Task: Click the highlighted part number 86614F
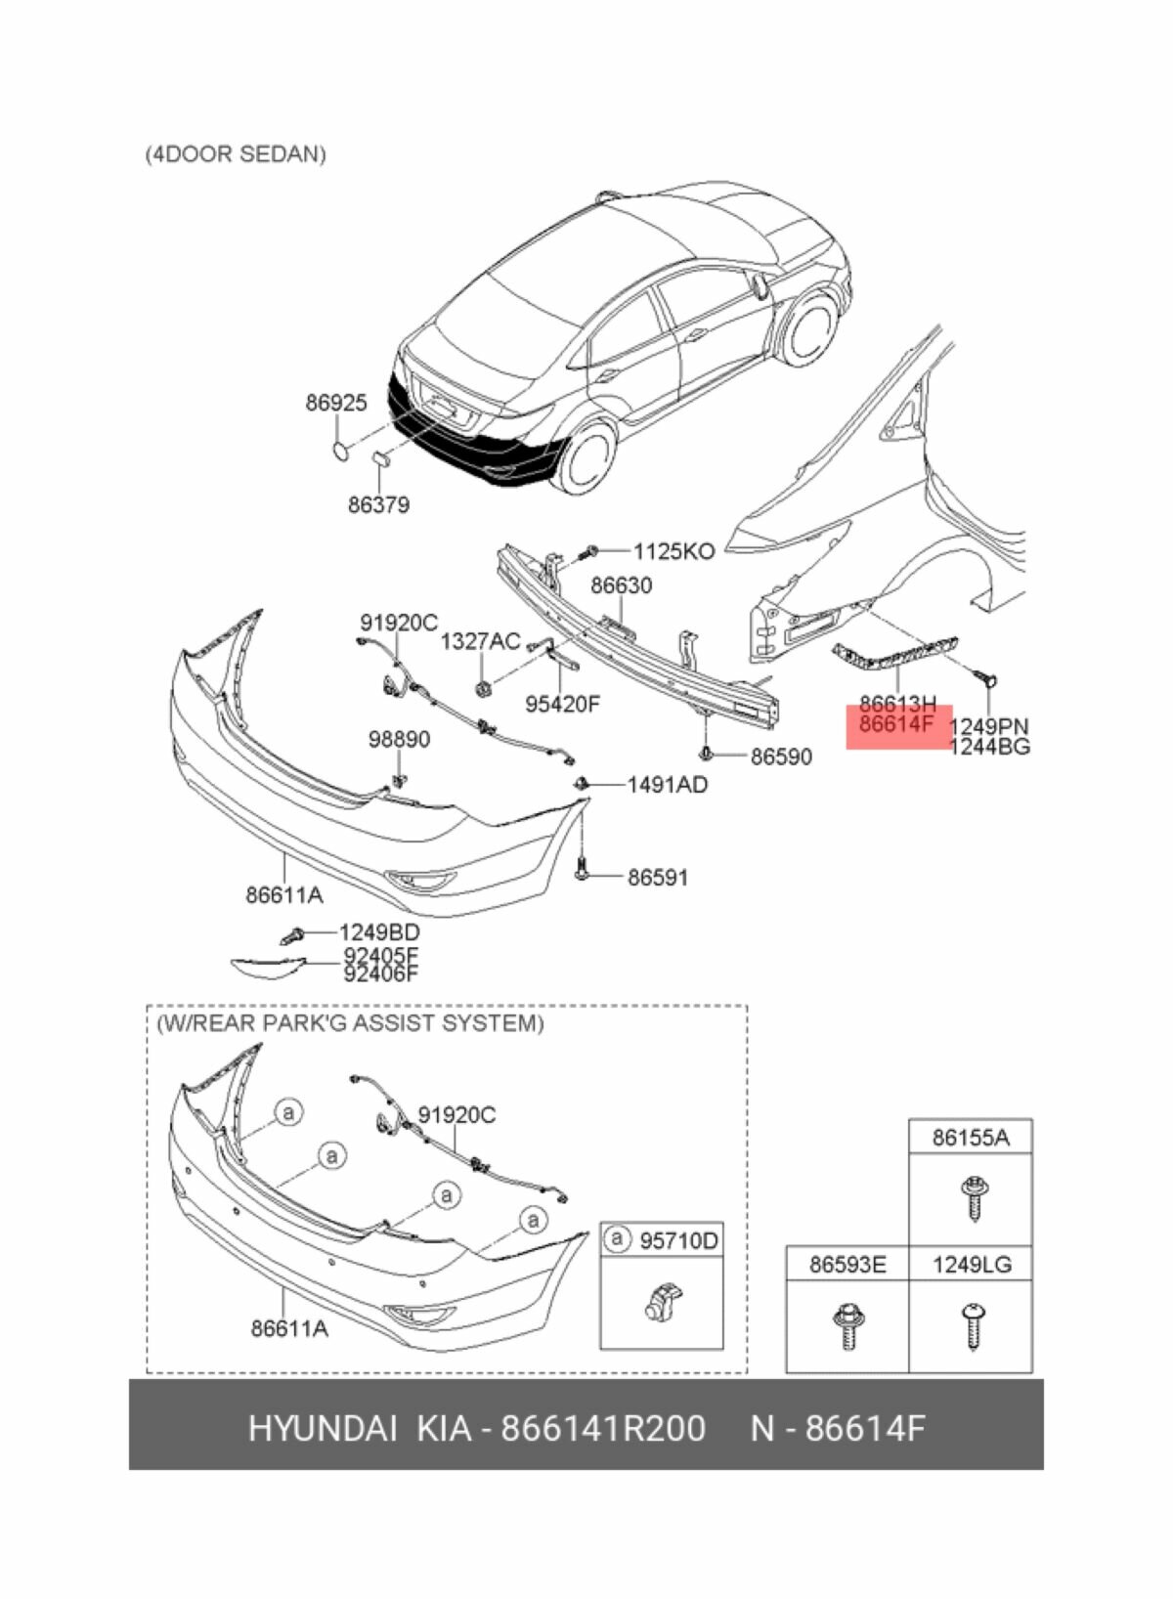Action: pyautogui.click(x=896, y=724)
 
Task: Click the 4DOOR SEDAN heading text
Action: pyautogui.click(x=236, y=154)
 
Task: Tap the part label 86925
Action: pyautogui.click(x=336, y=403)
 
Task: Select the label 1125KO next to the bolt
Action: pyautogui.click(x=673, y=551)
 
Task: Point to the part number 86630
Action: pyautogui.click(x=621, y=585)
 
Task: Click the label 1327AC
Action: pyautogui.click(x=480, y=641)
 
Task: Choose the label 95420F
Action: pyautogui.click(x=562, y=704)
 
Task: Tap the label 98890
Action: pyautogui.click(x=399, y=740)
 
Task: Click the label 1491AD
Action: pyautogui.click(x=667, y=785)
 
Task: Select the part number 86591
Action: pyautogui.click(x=657, y=878)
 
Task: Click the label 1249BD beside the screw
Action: pyautogui.click(x=379, y=932)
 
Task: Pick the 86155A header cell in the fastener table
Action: pyautogui.click(x=970, y=1138)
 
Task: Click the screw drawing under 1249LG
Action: pyautogui.click(x=974, y=1325)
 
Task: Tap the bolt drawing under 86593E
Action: pyautogui.click(x=847, y=1326)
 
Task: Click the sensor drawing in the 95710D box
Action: pyautogui.click(x=662, y=1303)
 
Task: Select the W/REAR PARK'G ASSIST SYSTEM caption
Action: pyautogui.click(x=350, y=1023)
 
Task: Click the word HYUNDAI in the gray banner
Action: pyautogui.click(x=322, y=1428)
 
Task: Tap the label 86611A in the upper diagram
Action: pyautogui.click(x=284, y=894)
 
